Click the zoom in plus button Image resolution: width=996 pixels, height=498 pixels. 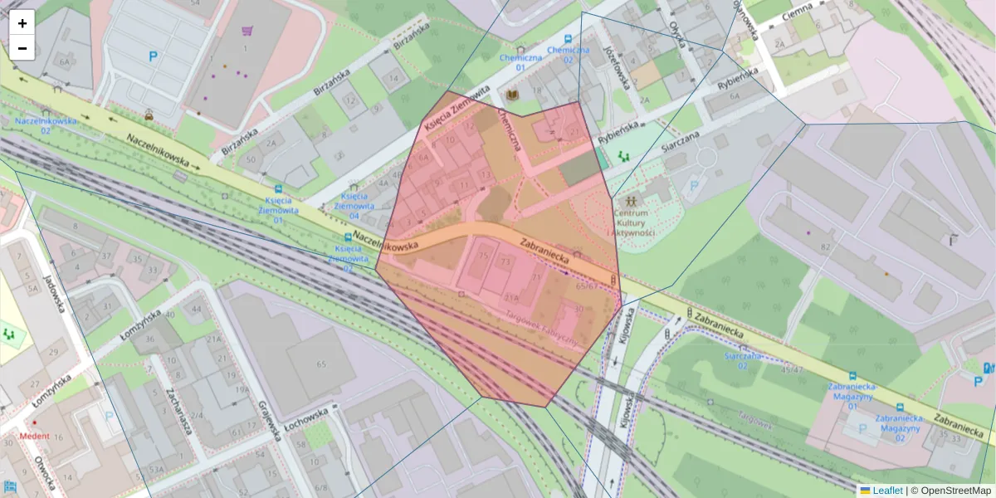(22, 23)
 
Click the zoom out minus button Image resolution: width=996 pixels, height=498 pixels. (22, 48)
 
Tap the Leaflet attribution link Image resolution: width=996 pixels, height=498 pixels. (886, 491)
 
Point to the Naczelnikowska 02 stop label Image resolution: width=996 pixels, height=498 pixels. (45, 125)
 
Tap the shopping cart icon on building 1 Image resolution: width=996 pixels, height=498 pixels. (247, 32)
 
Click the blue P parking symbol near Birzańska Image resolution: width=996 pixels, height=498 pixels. (153, 56)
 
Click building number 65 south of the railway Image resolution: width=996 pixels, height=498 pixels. (321, 364)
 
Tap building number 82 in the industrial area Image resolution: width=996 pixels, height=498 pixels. (825, 247)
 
